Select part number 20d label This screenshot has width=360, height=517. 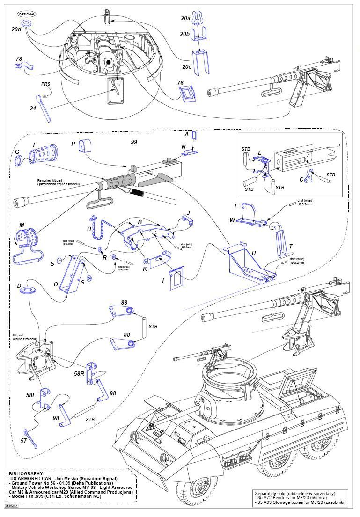pos(17,29)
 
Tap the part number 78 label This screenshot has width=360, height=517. pos(19,59)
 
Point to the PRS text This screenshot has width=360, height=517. pos(45,84)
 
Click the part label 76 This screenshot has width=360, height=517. pos(180,83)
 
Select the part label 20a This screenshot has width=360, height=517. pos(185,18)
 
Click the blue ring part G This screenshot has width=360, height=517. pos(18,161)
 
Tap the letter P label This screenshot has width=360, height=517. pos(73,144)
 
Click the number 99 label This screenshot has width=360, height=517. pos(134,141)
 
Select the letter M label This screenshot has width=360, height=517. pos(22,226)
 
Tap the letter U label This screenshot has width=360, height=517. pos(253,253)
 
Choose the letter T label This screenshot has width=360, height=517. pos(290,247)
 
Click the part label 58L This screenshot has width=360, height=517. pos(30,395)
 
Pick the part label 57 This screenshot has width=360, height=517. pos(23,440)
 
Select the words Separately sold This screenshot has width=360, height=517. pos(271,493)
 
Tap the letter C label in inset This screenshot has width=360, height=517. pos(301,179)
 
